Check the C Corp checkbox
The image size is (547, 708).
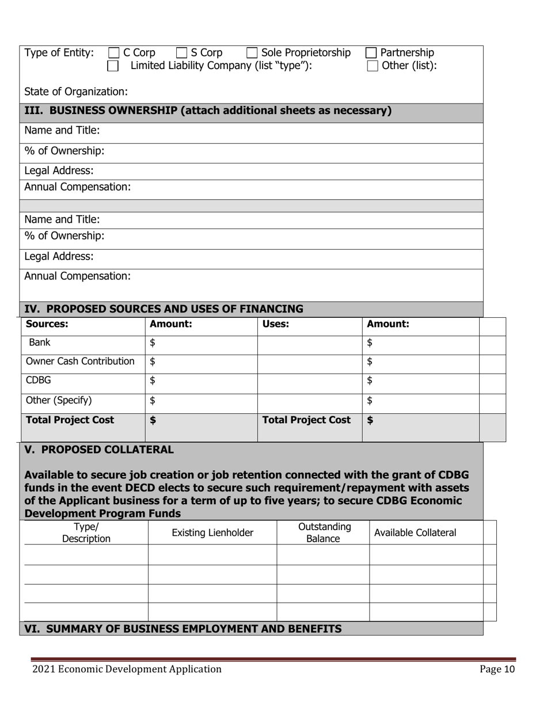tap(114, 54)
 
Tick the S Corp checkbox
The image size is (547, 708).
tap(181, 54)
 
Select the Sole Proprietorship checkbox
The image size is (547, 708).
tap(252, 54)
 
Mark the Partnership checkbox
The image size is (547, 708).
tap(371, 54)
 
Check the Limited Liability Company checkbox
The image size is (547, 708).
tap(113, 66)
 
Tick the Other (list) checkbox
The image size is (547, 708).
tap(373, 66)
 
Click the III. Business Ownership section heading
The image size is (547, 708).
tap(207, 111)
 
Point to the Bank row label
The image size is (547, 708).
tap(40, 342)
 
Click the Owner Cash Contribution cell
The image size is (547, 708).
tap(81, 361)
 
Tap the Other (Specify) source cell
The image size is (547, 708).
tap(59, 400)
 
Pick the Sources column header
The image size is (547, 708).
tap(47, 324)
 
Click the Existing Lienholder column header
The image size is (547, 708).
tap(212, 533)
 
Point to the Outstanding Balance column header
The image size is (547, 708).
tap(323, 533)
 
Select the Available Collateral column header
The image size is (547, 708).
tap(415, 533)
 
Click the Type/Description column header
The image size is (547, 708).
tap(86, 533)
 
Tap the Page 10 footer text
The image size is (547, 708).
tap(497, 669)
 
